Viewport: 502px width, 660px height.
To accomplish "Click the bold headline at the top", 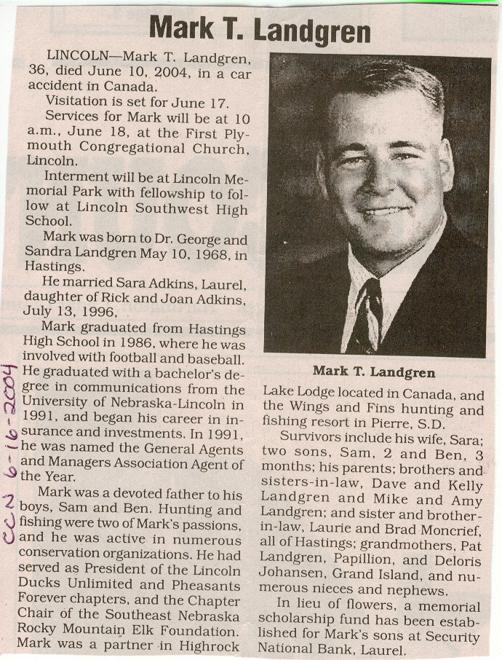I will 260,31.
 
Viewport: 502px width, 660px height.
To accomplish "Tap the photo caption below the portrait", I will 374,372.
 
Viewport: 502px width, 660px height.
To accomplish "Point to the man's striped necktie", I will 364,315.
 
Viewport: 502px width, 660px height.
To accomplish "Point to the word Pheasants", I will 207,586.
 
